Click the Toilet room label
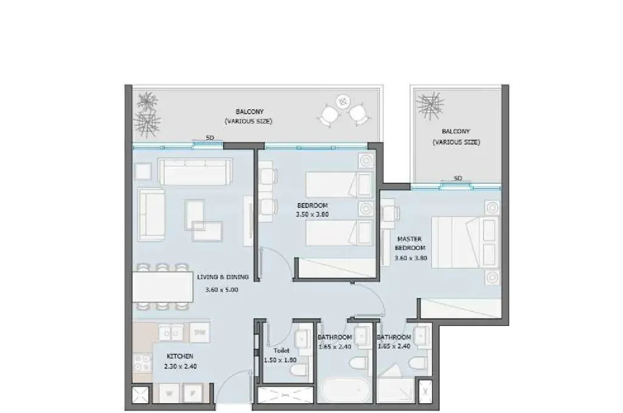(x=281, y=350)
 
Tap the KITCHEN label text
(x=180, y=356)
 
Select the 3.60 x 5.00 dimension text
(x=221, y=290)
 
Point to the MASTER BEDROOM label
(x=409, y=243)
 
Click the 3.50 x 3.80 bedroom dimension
(x=312, y=215)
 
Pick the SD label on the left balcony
(x=210, y=138)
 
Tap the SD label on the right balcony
(x=458, y=178)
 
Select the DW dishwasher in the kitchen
(x=200, y=332)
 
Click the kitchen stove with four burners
(x=142, y=363)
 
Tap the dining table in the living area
(x=162, y=286)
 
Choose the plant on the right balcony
(x=430, y=105)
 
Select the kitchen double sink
(x=171, y=333)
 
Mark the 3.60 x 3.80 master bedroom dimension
(x=411, y=258)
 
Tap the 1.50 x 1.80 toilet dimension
(x=280, y=361)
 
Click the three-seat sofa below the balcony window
(x=195, y=171)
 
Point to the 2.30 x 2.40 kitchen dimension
(x=180, y=367)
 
